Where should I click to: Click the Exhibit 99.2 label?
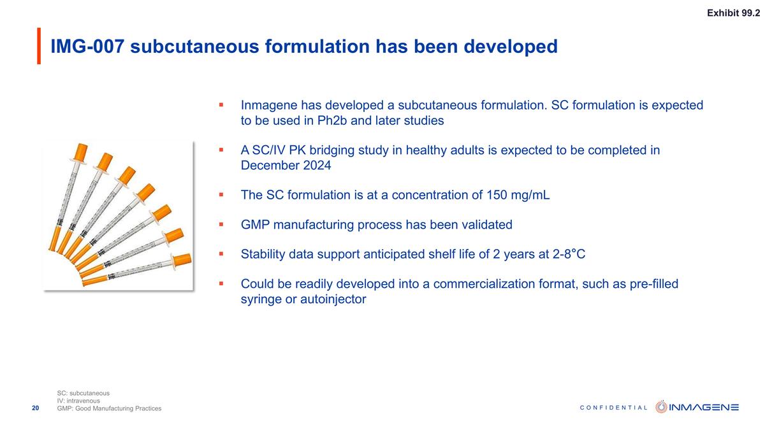click(x=733, y=13)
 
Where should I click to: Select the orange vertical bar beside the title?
click(x=39, y=46)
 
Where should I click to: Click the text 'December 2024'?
click(x=286, y=165)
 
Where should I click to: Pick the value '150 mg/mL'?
click(x=518, y=195)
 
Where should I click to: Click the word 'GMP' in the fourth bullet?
click(x=256, y=225)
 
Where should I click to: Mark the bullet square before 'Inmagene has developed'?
click(x=221, y=104)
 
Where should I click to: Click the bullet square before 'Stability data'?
click(x=221, y=254)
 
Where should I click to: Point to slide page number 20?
click(x=36, y=408)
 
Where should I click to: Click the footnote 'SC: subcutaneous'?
click(x=83, y=393)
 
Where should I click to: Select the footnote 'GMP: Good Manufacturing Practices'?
click(x=109, y=408)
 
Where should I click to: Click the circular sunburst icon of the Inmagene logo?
click(x=662, y=407)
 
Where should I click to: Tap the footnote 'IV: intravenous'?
click(x=78, y=401)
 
